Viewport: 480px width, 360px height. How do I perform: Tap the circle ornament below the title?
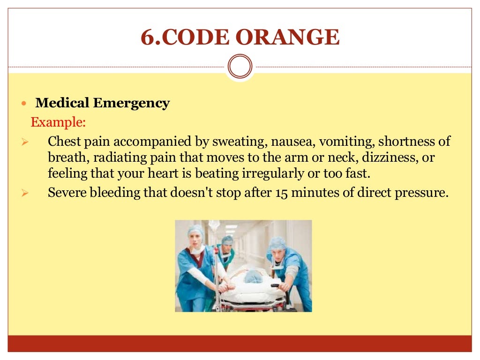240,67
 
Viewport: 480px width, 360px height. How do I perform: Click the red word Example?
58,122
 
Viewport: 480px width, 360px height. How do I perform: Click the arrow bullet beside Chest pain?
26,142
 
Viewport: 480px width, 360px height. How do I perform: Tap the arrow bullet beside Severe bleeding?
26,193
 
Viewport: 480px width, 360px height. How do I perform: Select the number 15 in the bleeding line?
279,193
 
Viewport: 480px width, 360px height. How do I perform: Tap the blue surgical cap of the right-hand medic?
278,242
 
